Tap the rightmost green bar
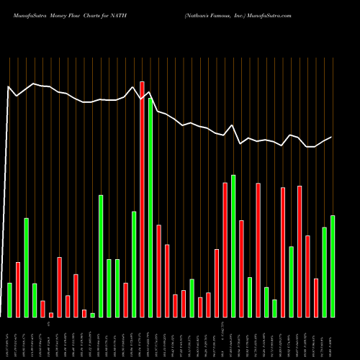coord(332,266)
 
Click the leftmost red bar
coord(18,289)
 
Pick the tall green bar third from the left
coord(26,267)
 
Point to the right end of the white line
coord(332,137)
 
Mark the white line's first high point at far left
coord(9,87)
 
